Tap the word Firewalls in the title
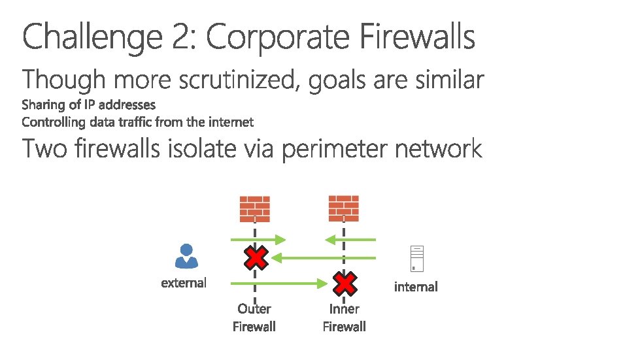(x=417, y=37)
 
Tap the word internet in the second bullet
(x=231, y=122)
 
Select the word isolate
(x=203, y=150)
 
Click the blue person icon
(x=186, y=256)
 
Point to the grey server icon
(x=416, y=259)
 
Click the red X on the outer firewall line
(x=254, y=258)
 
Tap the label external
(x=184, y=283)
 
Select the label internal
(x=416, y=287)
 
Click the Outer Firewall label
(x=254, y=318)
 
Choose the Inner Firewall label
(x=345, y=318)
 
